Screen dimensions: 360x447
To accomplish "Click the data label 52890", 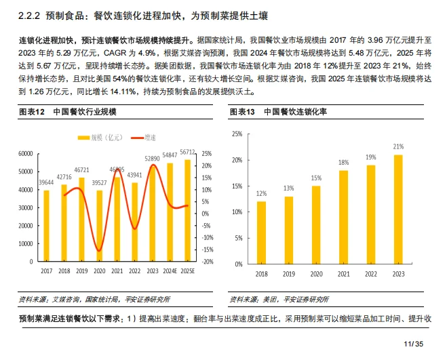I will click(x=153, y=158).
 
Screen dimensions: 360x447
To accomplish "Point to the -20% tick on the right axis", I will click(x=208, y=262).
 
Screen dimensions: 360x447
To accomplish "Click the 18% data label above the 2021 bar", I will click(x=344, y=163).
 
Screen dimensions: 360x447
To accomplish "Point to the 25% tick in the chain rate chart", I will click(x=237, y=134).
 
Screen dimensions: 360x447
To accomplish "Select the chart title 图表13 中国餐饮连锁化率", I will click(x=278, y=112).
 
